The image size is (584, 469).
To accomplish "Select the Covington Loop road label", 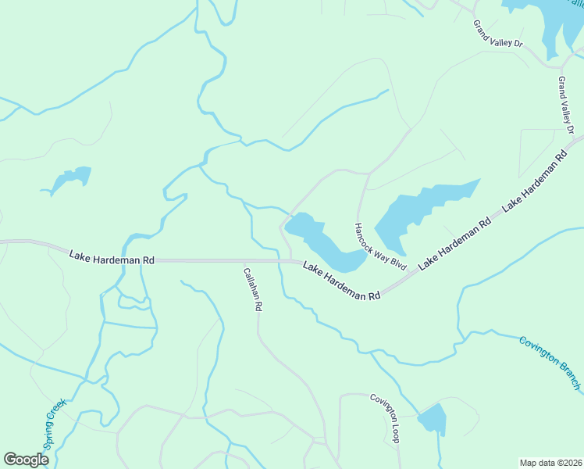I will coord(385,418).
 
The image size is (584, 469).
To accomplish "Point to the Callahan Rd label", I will coord(251,288).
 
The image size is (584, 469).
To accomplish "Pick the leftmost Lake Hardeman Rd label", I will coord(112,257).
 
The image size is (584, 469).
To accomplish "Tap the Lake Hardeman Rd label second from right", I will coord(454,243).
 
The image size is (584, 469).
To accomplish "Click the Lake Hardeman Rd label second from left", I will coord(341,281).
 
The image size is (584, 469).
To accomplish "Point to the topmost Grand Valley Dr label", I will coord(497,34).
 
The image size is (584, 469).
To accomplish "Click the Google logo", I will coord(26,460).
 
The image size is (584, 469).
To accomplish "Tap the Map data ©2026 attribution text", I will coord(550,463).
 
